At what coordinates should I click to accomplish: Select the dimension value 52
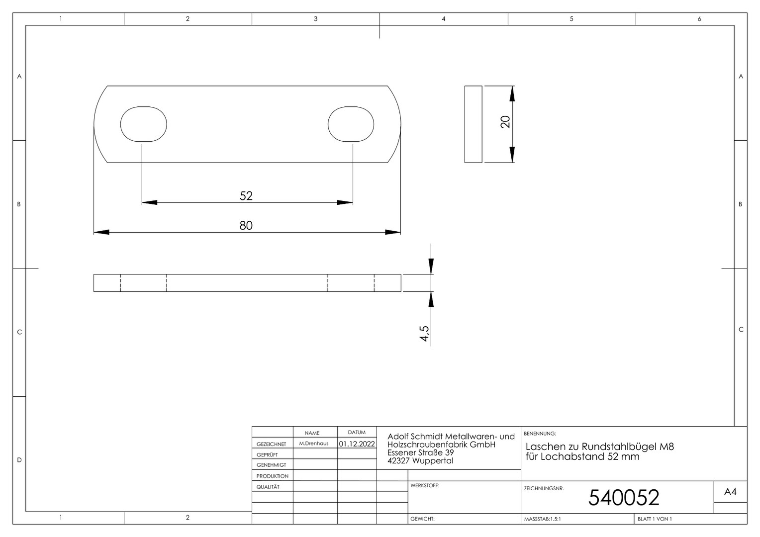(x=246, y=196)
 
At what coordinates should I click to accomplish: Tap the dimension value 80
(x=246, y=226)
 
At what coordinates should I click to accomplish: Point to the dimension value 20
(x=505, y=122)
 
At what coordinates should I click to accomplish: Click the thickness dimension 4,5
(x=424, y=334)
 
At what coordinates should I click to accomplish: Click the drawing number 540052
(x=624, y=498)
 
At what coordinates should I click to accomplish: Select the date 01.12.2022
(x=357, y=444)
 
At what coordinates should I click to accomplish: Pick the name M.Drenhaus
(x=314, y=444)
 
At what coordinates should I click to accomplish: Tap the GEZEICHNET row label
(x=272, y=444)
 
